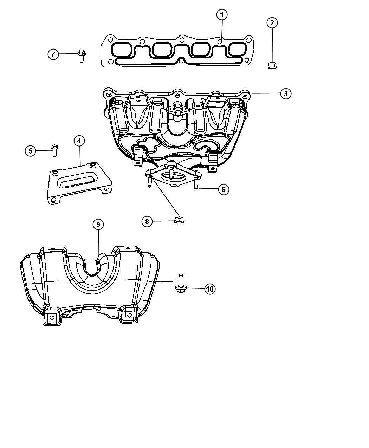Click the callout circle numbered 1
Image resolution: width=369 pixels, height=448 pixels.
coord(222,15)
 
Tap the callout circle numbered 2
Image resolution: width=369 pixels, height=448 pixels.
coord(272,23)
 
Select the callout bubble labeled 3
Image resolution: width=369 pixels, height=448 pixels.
coord(286,93)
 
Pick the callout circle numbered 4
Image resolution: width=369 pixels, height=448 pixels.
coord(79,141)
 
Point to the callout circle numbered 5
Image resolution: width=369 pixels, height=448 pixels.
coord(31,151)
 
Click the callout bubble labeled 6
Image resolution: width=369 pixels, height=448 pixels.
coord(224,189)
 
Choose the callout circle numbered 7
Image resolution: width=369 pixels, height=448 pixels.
coord(53,54)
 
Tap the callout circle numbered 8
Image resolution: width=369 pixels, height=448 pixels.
coord(147,221)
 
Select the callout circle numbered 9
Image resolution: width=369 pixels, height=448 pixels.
coord(98,225)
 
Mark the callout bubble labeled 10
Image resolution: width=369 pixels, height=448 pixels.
coord(210,289)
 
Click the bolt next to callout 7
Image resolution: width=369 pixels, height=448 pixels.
coord(82,56)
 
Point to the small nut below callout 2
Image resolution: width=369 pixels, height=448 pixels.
coord(272,65)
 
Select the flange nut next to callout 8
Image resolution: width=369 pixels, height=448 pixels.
coord(179,220)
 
